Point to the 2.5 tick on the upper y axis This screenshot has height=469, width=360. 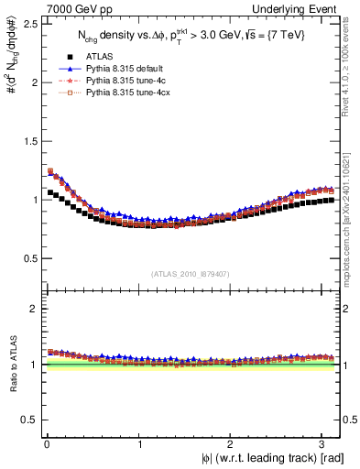click(28, 24)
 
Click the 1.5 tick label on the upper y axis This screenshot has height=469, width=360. click(28, 141)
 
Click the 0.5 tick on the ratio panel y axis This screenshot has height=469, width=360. click(28, 420)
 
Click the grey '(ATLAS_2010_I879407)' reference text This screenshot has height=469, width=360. click(191, 273)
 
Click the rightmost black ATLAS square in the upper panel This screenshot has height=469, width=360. click(333, 200)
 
